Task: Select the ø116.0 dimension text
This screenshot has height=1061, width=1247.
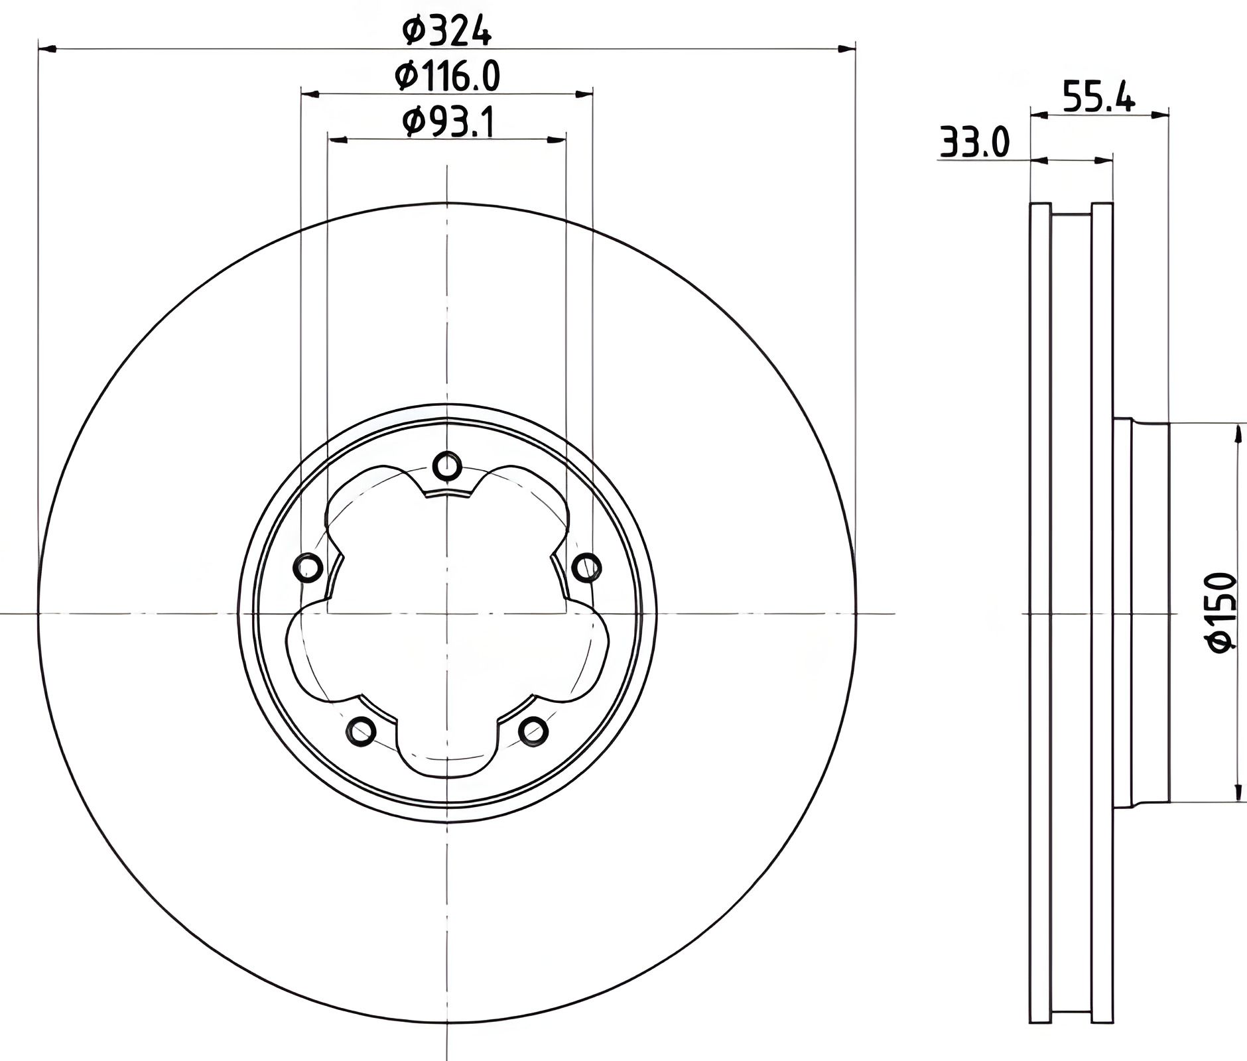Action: [447, 76]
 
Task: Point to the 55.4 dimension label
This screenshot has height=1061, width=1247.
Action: [1098, 96]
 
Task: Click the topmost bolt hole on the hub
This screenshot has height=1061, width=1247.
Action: [447, 467]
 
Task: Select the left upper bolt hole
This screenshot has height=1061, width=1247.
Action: [308, 568]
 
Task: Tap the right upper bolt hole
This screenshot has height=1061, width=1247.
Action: [586, 568]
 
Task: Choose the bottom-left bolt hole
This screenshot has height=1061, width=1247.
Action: [361, 731]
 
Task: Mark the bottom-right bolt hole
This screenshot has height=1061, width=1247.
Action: [533, 731]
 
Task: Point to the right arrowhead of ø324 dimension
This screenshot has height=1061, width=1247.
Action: [846, 49]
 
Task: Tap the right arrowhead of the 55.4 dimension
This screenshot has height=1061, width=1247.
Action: [1160, 115]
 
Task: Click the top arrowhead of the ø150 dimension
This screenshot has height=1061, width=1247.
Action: [1238, 434]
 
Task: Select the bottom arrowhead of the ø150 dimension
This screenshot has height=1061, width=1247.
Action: [1238, 792]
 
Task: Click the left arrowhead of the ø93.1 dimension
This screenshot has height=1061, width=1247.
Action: [338, 139]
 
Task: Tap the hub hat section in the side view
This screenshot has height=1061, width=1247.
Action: [1141, 613]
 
